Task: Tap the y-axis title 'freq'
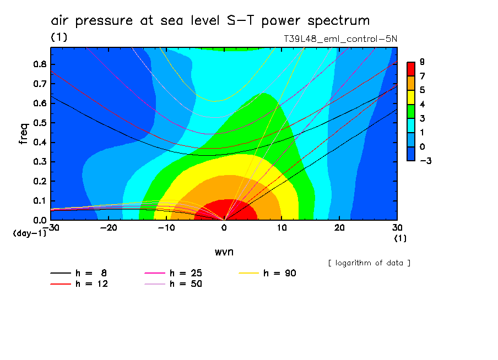tap(23, 133)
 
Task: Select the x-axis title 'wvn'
tap(224, 252)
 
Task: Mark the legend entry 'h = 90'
tap(268, 273)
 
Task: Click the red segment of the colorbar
tap(411, 69)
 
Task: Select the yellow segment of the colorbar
tap(411, 97)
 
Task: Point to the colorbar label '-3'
tap(424, 161)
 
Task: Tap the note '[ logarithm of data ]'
tap(369, 263)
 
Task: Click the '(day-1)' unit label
tap(30, 233)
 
